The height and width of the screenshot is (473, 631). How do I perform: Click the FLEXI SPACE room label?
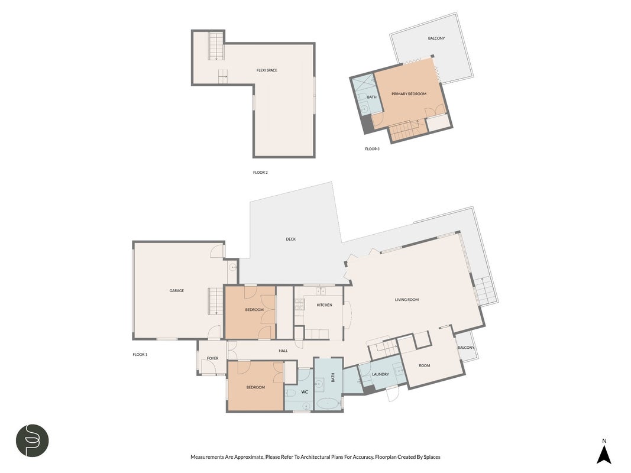pos(267,70)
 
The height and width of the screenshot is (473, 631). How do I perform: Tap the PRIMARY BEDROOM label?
pos(409,94)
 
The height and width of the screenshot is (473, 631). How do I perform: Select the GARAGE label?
pos(177,291)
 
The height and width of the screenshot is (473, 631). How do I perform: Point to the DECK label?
pos(290,239)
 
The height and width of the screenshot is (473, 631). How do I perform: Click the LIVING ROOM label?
pos(407,300)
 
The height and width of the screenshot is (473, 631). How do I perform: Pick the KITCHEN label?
pos(324,305)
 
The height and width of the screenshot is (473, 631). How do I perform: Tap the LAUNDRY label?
pos(380,374)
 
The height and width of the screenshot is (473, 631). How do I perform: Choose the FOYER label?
pos(212,358)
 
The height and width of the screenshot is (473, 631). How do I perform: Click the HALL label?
pos(283,351)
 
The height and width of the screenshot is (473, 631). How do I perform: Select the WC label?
pos(305,392)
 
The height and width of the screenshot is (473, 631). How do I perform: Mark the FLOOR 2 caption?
pos(260,173)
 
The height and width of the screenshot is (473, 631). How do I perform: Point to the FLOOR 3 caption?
pos(372,149)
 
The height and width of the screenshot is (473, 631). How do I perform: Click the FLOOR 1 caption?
pos(140,355)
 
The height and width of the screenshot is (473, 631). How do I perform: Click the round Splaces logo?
pos(32,440)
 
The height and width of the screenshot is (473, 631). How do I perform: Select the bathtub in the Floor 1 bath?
pos(329,403)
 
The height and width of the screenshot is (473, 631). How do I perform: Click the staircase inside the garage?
pos(215,302)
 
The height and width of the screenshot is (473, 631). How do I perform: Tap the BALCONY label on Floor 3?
pos(436,38)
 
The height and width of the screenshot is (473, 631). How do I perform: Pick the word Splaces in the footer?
pos(432,457)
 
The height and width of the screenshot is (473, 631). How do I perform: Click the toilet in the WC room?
pos(289,393)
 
